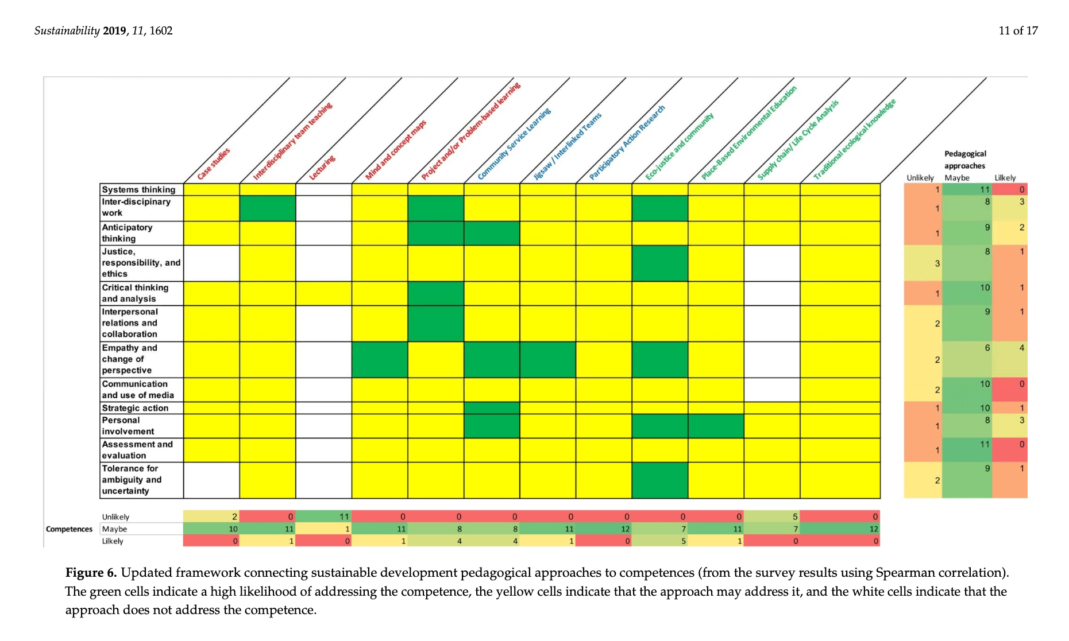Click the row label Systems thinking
click(138, 189)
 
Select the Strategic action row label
click(135, 408)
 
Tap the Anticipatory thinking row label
click(127, 233)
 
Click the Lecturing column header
click(322, 168)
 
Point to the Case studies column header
click(214, 164)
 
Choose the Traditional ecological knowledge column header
click(854, 139)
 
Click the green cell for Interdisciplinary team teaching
click(267, 208)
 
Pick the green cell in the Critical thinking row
click(435, 293)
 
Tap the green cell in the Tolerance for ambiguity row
click(659, 480)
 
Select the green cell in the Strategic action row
click(492, 408)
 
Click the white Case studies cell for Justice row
click(211, 263)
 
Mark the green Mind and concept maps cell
click(379, 360)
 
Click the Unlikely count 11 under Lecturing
click(344, 517)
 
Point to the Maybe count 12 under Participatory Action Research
click(625, 529)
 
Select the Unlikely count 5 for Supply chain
click(795, 517)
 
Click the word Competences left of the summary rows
click(69, 529)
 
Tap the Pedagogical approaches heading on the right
click(964, 160)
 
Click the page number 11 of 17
click(1018, 31)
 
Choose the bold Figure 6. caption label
click(91, 573)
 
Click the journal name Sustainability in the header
click(67, 31)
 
